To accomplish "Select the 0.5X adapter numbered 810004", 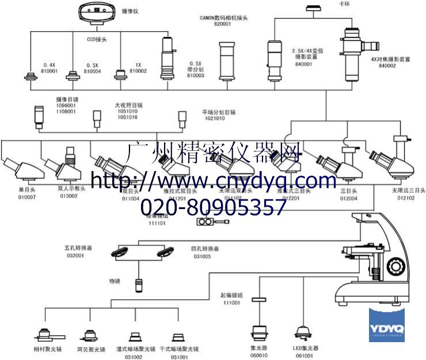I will tap(73, 75).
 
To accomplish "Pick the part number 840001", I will tap(304, 64).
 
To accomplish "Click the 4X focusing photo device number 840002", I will tap(387, 66).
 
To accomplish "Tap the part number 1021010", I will tap(213, 118).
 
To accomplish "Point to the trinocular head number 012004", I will tap(349, 198).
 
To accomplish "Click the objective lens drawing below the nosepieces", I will tap(139, 285).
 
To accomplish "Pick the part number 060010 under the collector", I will tap(258, 355).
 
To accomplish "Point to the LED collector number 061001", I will tap(305, 355).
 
